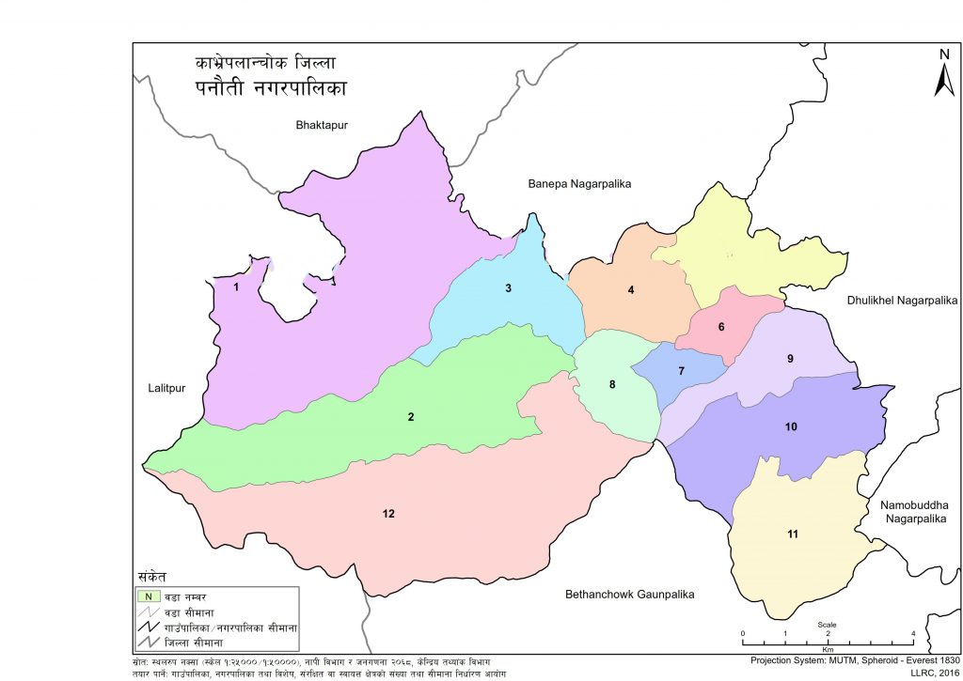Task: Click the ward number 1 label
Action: (x=237, y=287)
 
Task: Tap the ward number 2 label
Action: (x=410, y=416)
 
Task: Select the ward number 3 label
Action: (x=508, y=288)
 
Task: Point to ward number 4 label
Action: (x=631, y=289)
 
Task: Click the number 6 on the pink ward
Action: (x=721, y=327)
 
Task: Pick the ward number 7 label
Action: (x=681, y=371)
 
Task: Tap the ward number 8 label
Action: (x=612, y=384)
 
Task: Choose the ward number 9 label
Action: (x=791, y=359)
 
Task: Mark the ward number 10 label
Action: (x=791, y=426)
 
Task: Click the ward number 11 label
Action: (x=793, y=534)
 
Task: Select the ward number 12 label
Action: (x=388, y=513)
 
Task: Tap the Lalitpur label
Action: (x=167, y=388)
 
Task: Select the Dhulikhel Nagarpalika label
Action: (x=901, y=301)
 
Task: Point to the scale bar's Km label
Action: (x=828, y=649)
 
